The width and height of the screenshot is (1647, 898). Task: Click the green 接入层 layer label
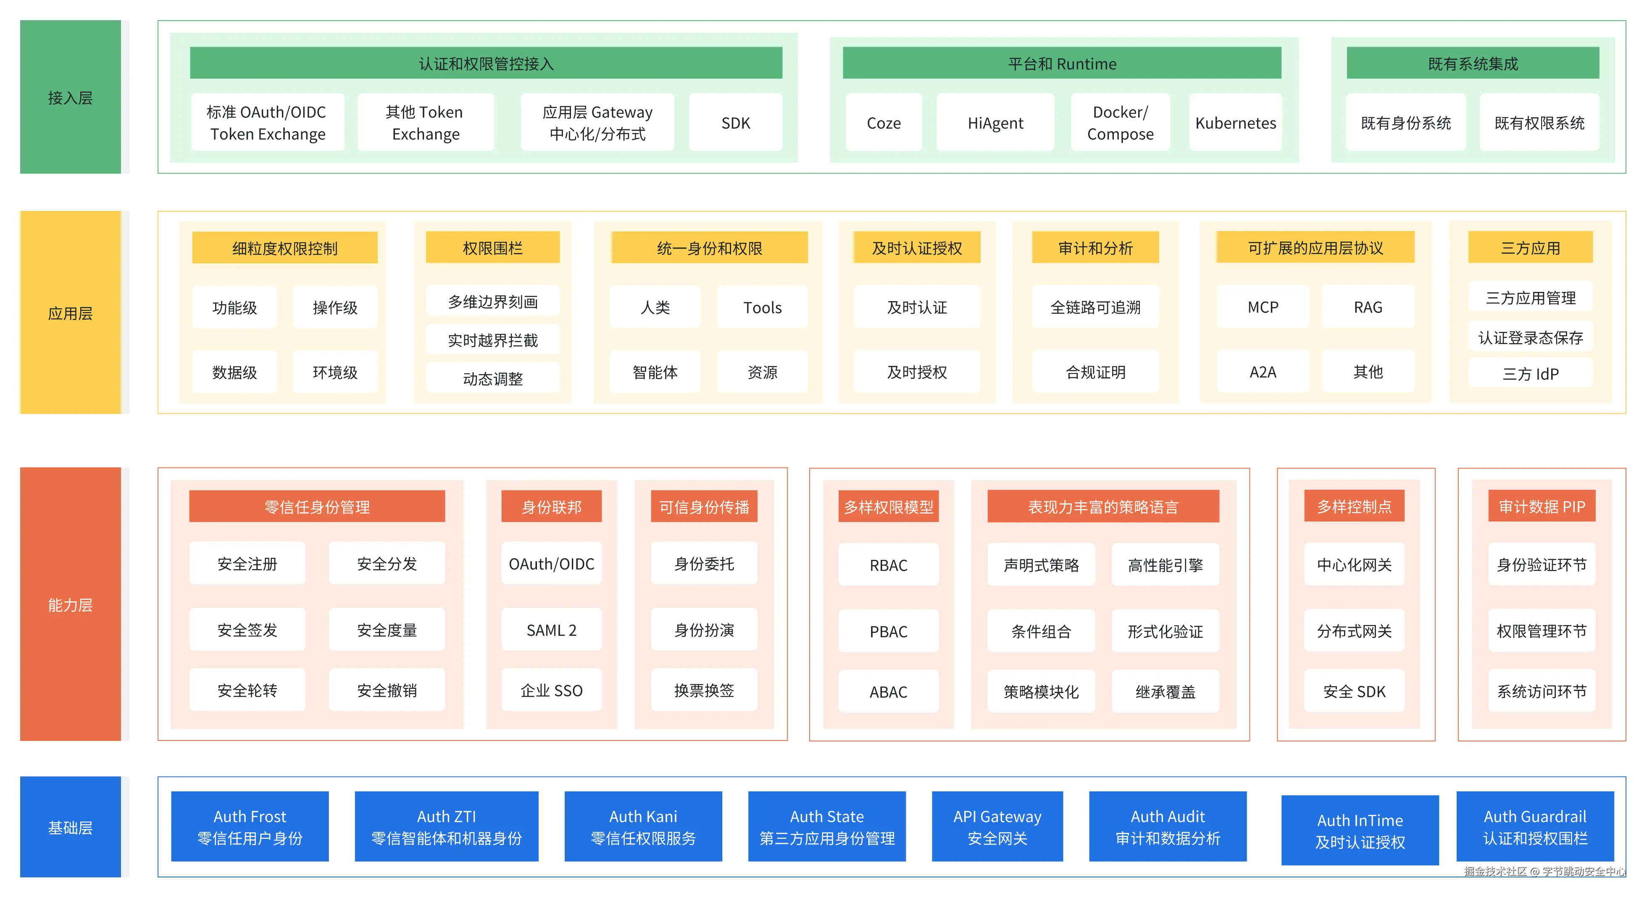tap(70, 97)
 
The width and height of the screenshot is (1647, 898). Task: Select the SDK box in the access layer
tap(736, 123)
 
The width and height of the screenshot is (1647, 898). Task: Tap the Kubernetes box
tap(1235, 123)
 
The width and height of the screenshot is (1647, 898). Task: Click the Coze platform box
tap(884, 123)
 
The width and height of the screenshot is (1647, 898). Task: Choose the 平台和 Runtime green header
tap(1062, 63)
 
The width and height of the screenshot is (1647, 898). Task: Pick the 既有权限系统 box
tap(1539, 123)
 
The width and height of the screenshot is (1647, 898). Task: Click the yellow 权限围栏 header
tap(493, 247)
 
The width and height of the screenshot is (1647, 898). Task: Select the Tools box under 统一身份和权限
tap(762, 307)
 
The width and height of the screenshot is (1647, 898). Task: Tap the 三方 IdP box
tap(1531, 373)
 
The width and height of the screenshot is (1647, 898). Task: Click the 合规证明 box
tap(1095, 372)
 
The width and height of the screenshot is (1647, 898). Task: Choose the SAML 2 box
tap(551, 630)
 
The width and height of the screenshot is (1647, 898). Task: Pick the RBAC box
tap(889, 565)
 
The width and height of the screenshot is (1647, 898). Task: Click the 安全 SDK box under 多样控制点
tap(1354, 691)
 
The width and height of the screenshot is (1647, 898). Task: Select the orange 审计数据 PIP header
tap(1542, 506)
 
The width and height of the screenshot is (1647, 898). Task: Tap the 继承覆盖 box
tap(1165, 691)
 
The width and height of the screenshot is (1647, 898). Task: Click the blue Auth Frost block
tap(250, 827)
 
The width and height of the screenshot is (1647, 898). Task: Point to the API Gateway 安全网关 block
tap(997, 827)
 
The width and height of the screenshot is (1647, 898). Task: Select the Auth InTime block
tap(1360, 830)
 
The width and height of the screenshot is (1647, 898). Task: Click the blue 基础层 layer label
tap(70, 827)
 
